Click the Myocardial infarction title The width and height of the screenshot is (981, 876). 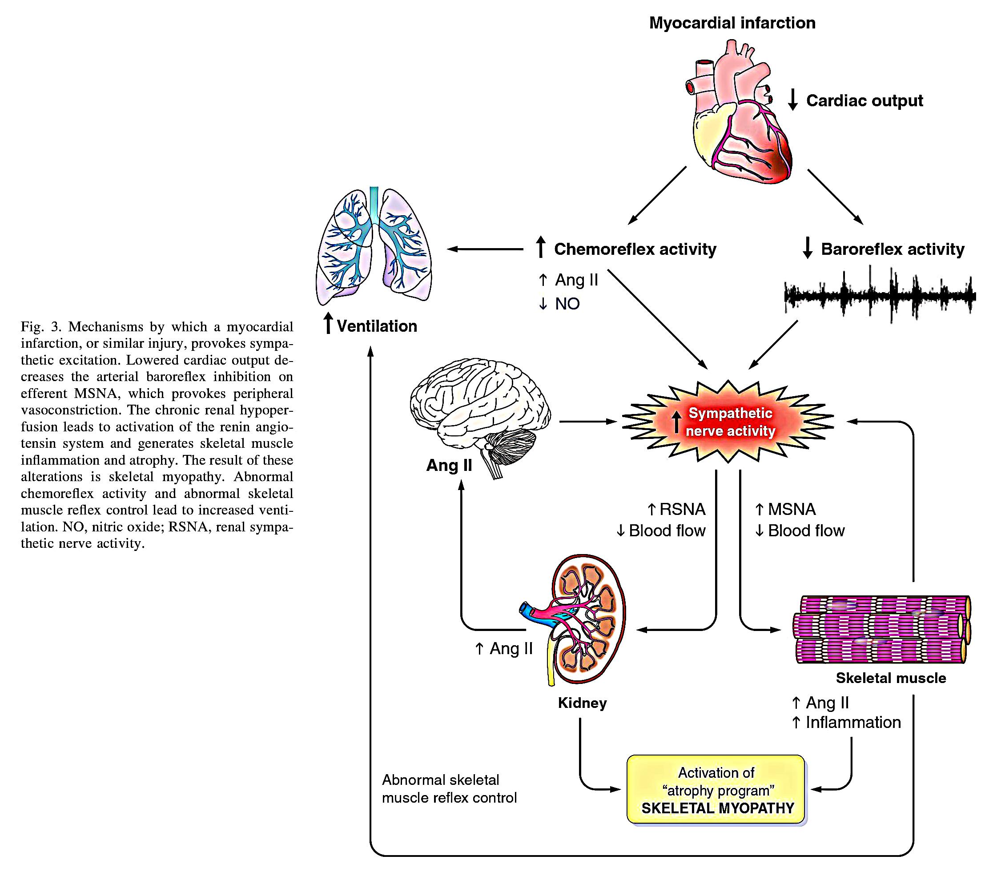tap(732, 23)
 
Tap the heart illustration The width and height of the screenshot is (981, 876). tap(736, 116)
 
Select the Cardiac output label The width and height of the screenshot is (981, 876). tap(864, 100)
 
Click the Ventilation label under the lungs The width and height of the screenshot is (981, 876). tap(376, 326)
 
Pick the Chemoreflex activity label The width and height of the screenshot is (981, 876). tap(635, 249)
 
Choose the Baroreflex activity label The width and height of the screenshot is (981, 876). tap(892, 249)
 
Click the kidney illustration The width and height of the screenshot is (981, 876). tap(578, 621)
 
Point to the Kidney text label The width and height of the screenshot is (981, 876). tap(582, 703)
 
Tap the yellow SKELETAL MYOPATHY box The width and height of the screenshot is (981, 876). tap(716, 790)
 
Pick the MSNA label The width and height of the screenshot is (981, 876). tap(791, 509)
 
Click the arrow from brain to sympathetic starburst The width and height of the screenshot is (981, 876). tap(588, 422)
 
